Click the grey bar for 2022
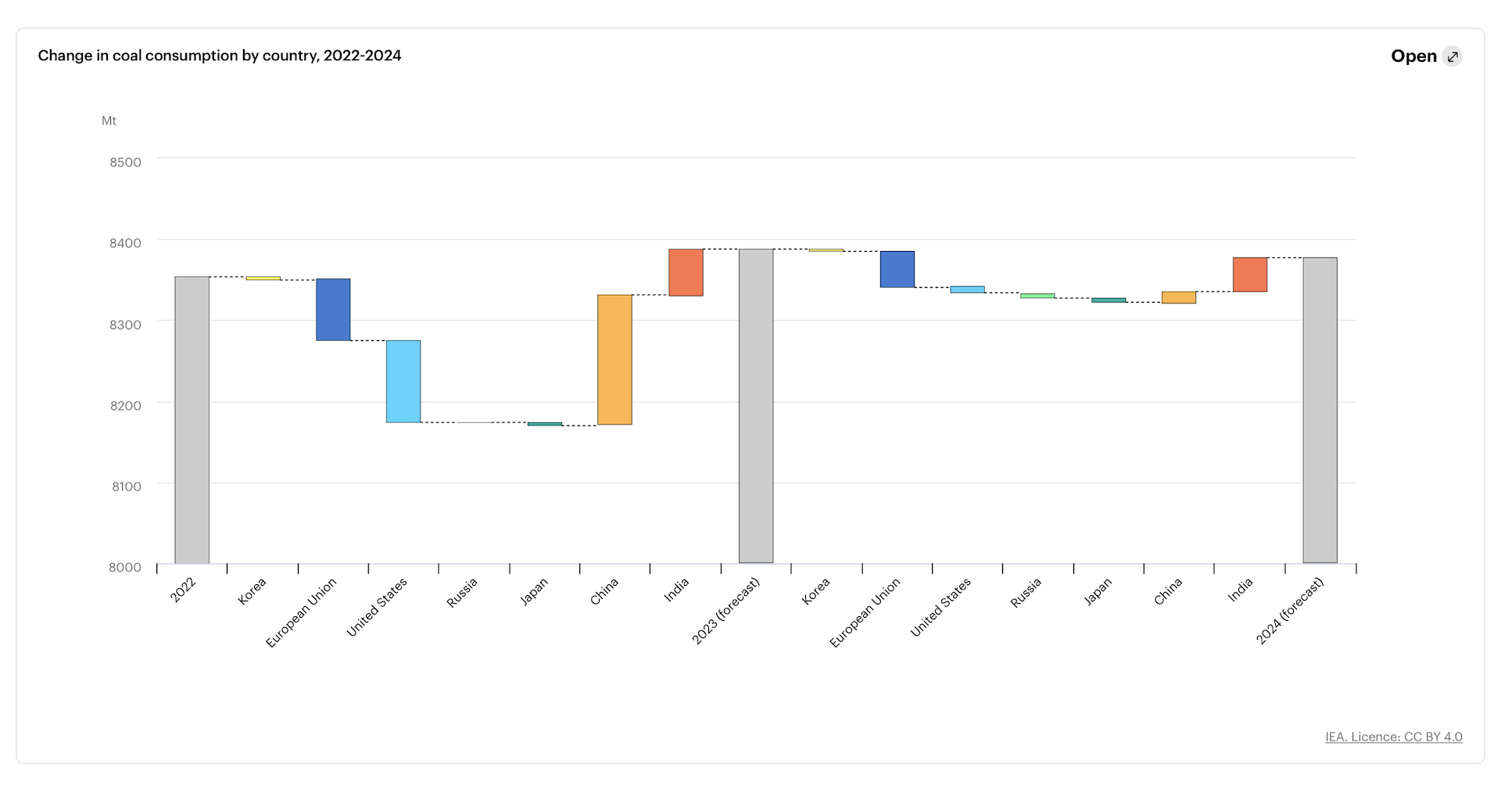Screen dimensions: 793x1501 [x=192, y=419]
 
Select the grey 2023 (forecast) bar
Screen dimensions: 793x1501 [x=756, y=406]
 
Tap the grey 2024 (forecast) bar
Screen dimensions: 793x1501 [x=1320, y=410]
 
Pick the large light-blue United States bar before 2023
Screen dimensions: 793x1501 [x=403, y=381]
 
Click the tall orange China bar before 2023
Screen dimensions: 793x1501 [x=614, y=360]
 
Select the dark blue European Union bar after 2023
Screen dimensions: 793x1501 [x=897, y=269]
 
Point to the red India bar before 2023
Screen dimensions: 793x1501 [x=686, y=272]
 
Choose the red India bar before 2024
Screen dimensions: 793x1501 [x=1249, y=274]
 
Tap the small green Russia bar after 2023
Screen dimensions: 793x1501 [x=1037, y=296]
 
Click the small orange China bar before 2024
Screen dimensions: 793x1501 [x=1178, y=297]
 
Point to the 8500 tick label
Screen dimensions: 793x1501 [x=125, y=163]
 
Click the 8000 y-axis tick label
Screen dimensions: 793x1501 [x=125, y=567]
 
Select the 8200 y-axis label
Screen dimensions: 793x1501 [x=125, y=405]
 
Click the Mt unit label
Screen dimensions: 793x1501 [x=109, y=120]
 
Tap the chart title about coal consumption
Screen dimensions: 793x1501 [x=220, y=56]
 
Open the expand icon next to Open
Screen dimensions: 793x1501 [x=1452, y=56]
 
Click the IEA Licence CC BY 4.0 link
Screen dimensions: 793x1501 [x=1393, y=737]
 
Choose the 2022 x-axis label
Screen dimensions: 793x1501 [x=183, y=590]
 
